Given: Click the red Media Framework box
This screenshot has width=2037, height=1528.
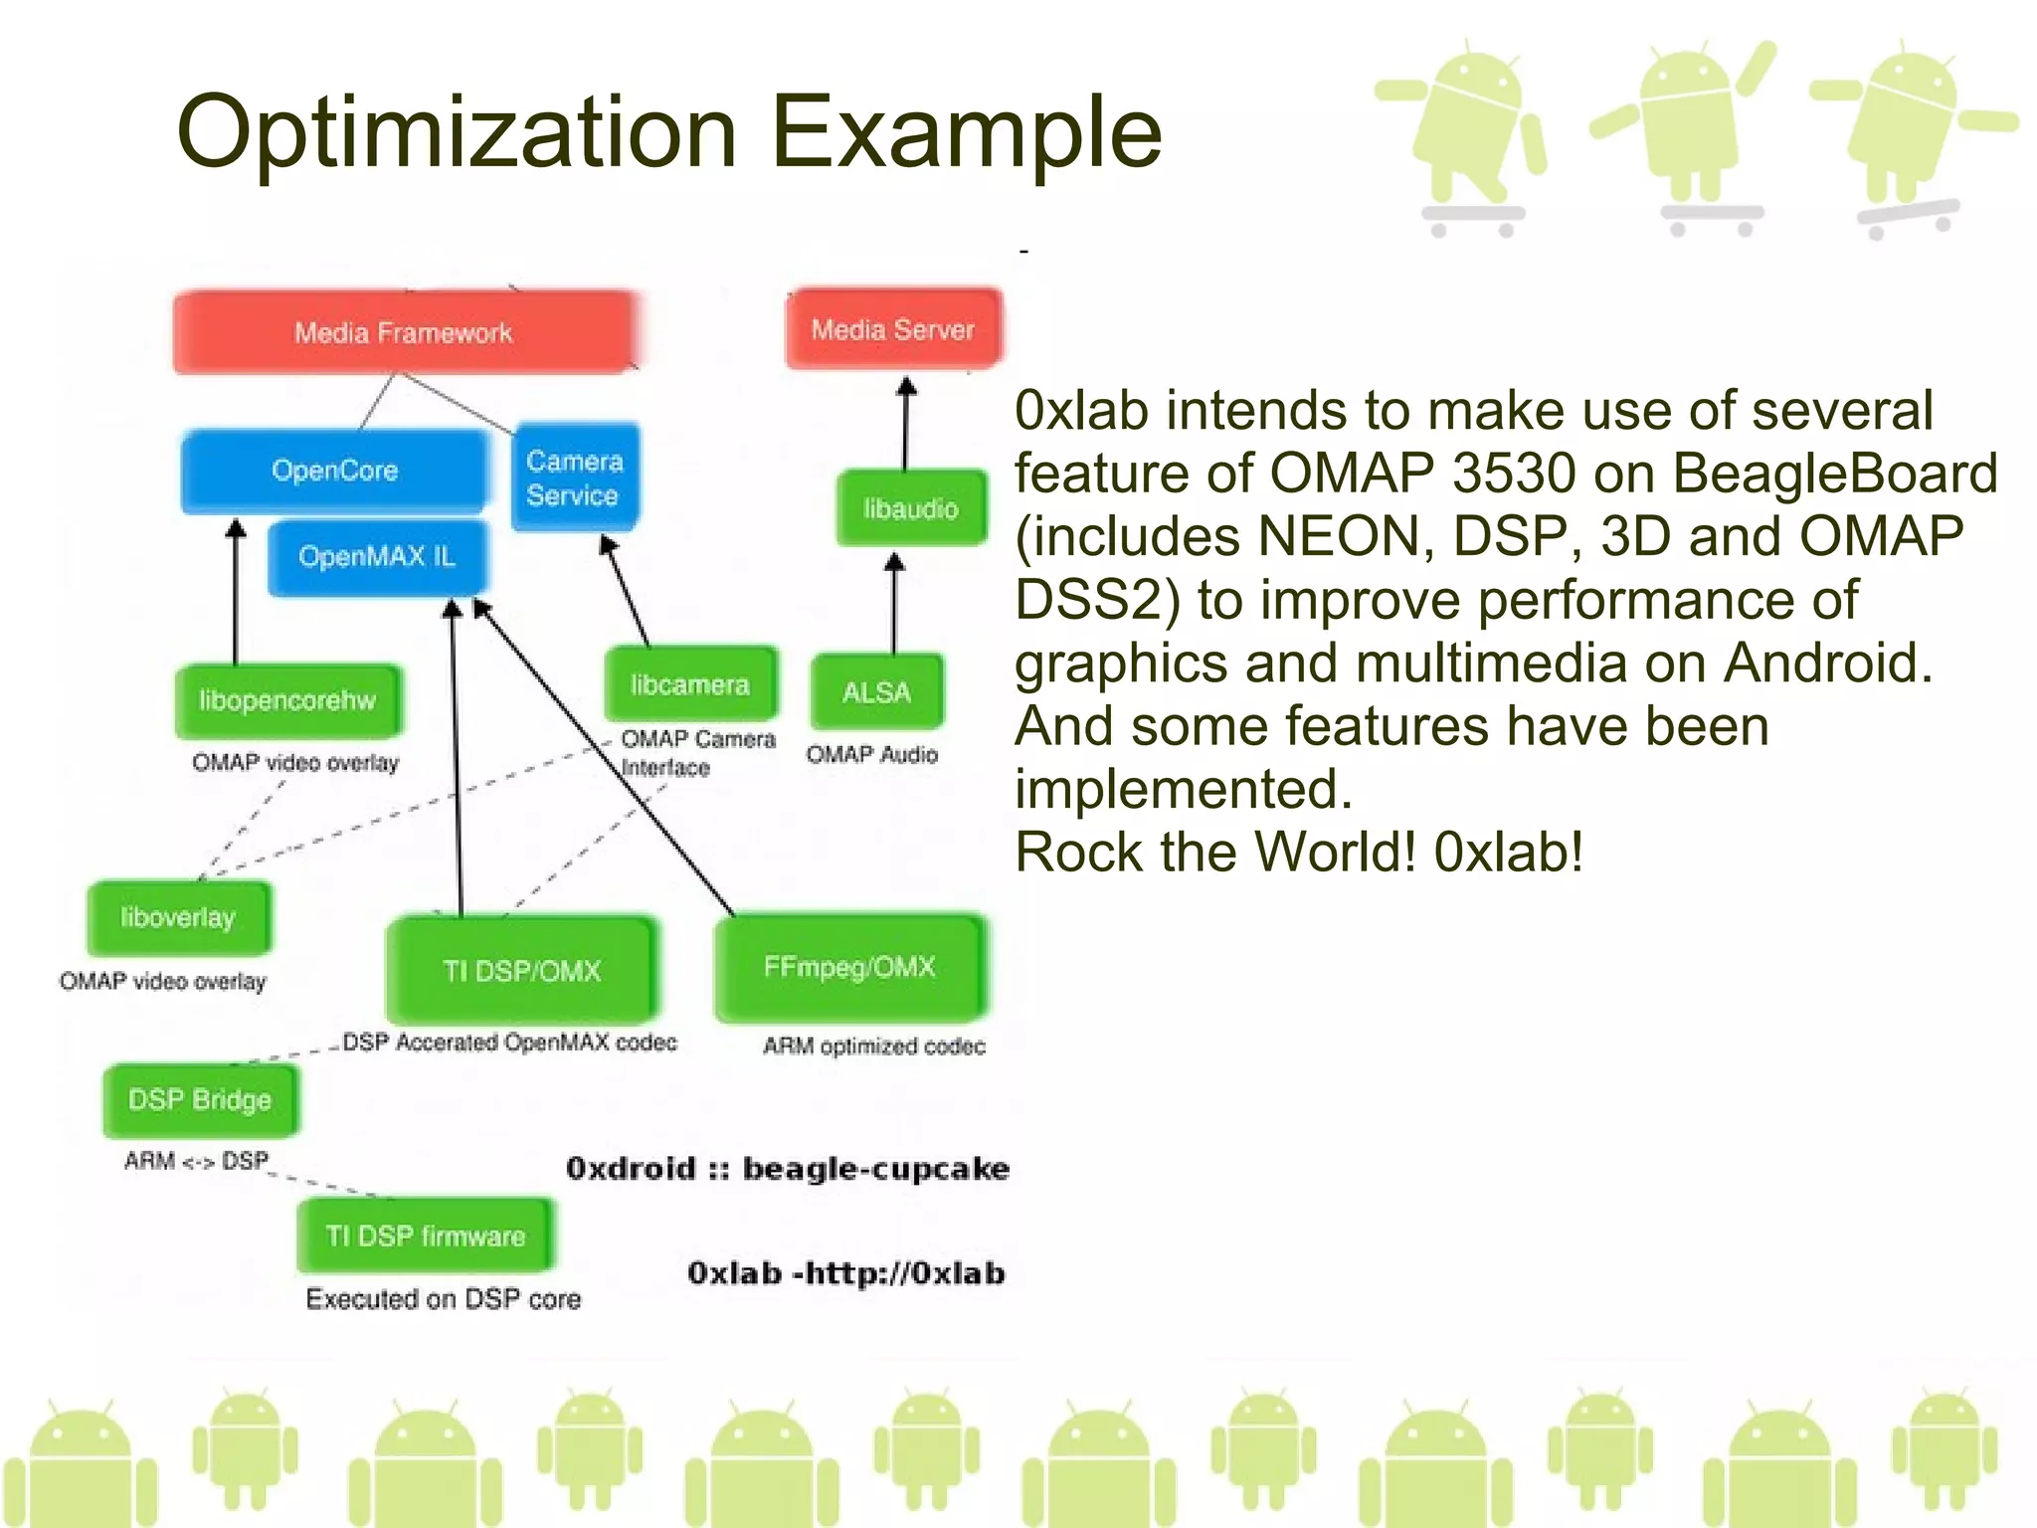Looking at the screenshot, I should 403,332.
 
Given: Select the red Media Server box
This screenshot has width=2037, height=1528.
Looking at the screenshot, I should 893,329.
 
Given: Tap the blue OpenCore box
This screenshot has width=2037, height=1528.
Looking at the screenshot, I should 334,471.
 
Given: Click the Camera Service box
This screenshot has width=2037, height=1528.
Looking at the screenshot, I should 575,478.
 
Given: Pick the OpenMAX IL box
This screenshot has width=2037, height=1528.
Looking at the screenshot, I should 377,556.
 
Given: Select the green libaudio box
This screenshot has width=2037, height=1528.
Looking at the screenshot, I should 911,509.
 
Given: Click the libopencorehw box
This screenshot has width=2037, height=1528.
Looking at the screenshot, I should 287,701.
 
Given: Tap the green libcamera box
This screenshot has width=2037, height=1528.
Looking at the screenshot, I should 690,685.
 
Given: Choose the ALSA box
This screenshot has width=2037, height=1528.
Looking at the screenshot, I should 876,692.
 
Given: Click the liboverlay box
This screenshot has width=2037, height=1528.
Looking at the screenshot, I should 178,917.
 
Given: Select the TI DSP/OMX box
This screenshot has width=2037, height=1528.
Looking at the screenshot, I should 522,971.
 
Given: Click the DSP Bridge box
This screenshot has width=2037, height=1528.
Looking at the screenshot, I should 200,1100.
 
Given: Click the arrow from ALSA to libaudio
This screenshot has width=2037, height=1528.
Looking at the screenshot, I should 894,604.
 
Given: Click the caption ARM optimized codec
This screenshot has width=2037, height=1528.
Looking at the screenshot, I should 874,1047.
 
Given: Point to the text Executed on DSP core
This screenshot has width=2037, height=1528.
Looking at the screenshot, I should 444,1299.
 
